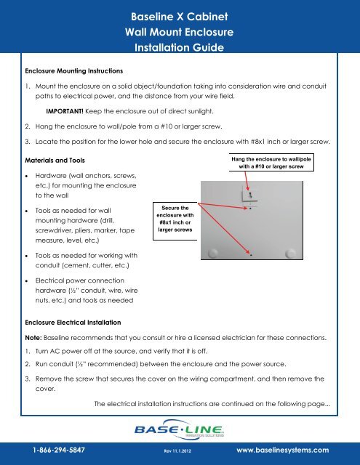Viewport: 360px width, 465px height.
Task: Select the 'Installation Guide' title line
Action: tap(180, 49)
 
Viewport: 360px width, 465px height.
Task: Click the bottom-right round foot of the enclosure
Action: tap(292, 253)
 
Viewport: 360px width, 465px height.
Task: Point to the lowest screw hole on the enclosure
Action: tap(251, 255)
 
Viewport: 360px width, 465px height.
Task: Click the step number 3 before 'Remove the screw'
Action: tap(27, 379)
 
